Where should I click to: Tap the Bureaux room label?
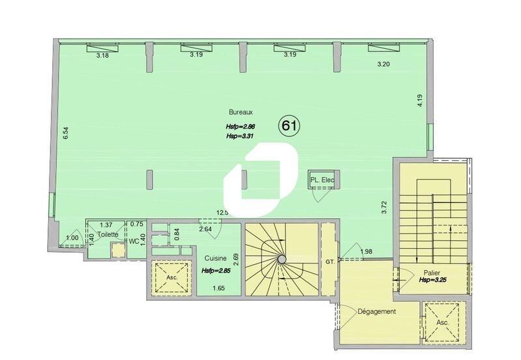click(x=240, y=111)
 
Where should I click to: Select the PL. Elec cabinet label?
click(x=322, y=181)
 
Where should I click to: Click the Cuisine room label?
click(x=216, y=258)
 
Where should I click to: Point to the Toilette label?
click(x=108, y=234)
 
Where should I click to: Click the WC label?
click(x=134, y=241)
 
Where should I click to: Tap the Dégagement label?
click(x=376, y=311)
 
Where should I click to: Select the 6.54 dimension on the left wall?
click(x=65, y=133)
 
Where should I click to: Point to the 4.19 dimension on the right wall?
click(x=420, y=100)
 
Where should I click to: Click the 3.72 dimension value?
click(x=384, y=207)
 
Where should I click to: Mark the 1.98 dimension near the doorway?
click(x=366, y=252)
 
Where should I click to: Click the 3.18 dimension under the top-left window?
click(x=102, y=56)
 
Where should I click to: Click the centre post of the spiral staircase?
click(x=281, y=258)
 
